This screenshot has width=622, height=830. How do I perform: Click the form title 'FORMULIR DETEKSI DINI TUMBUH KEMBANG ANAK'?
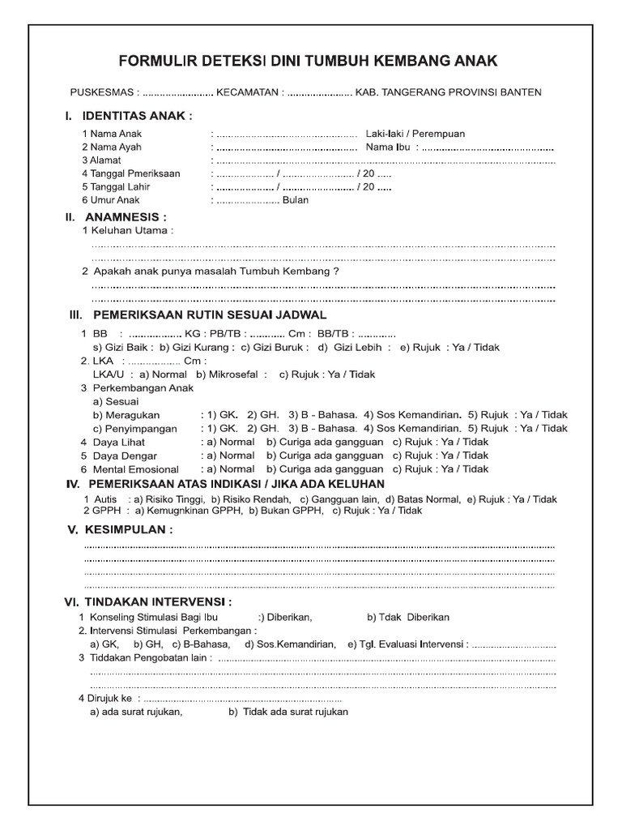pos(309,62)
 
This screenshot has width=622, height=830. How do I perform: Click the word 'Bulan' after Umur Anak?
pos(296,199)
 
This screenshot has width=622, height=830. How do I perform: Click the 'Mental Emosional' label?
pos(135,469)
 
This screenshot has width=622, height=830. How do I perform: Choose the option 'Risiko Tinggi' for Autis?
pos(171,499)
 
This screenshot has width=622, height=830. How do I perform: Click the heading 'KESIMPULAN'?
pos(135,530)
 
